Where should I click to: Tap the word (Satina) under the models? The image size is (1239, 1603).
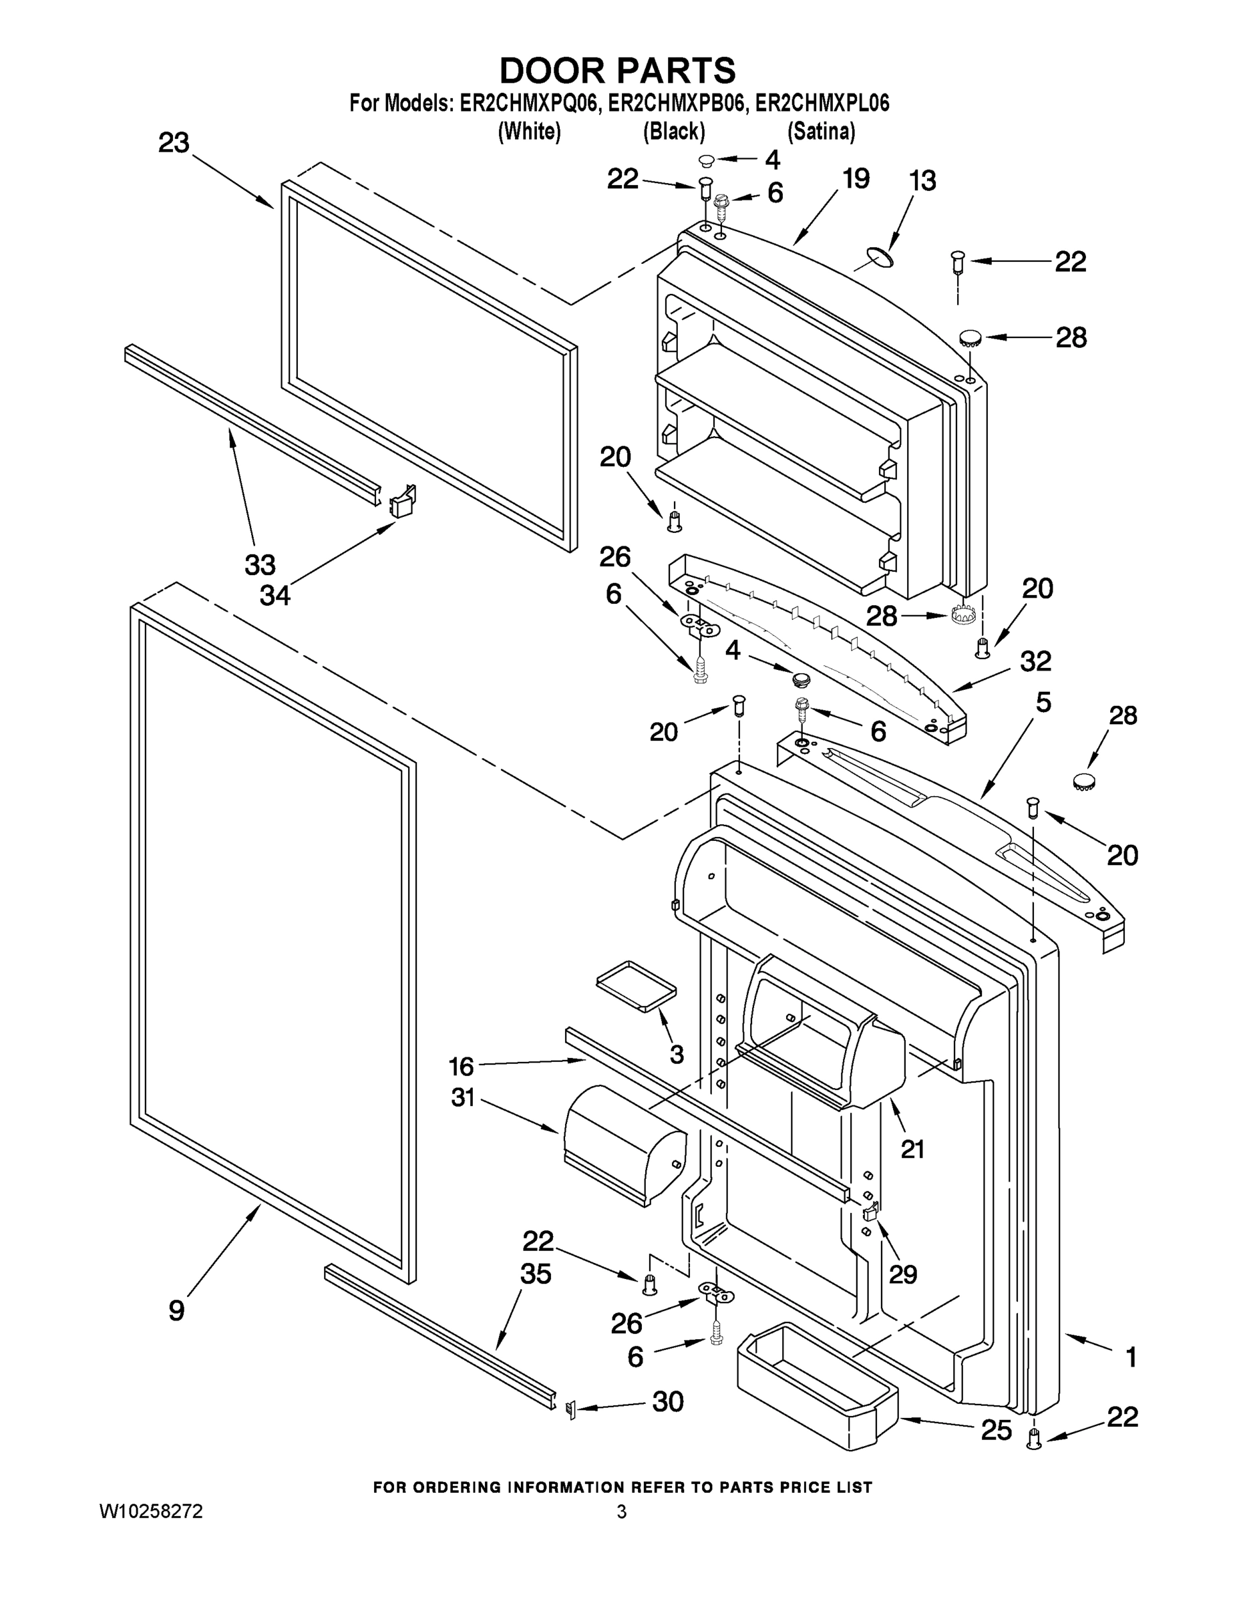tap(821, 132)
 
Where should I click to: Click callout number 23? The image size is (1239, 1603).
tap(174, 143)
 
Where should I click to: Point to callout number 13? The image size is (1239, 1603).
tap(922, 180)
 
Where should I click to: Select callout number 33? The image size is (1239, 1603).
tap(260, 564)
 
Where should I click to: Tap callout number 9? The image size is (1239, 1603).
tap(176, 1309)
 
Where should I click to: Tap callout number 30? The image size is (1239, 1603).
tap(668, 1401)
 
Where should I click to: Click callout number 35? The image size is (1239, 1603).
tap(535, 1274)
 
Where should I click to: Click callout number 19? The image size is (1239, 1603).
tap(856, 178)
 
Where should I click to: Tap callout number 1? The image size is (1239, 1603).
tap(1131, 1357)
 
